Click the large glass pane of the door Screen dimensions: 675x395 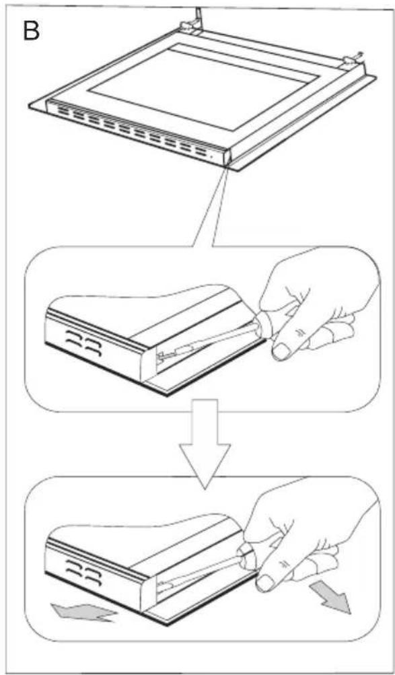coord(182,87)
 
